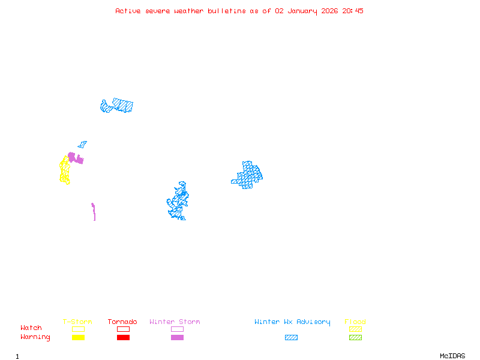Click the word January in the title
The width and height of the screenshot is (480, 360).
[x=304, y=11]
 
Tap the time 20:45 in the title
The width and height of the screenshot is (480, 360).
[x=353, y=11]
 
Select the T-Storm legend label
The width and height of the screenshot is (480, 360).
[x=77, y=322]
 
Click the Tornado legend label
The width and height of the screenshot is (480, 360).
[x=122, y=322]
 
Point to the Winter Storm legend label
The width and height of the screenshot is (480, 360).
[x=175, y=322]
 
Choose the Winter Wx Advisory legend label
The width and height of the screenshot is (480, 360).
[x=292, y=322]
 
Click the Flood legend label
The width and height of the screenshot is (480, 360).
[x=355, y=322]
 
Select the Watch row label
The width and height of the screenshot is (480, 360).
[x=31, y=328]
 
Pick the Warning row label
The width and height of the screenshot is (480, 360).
[x=35, y=337]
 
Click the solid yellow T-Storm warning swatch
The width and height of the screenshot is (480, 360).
[x=78, y=338]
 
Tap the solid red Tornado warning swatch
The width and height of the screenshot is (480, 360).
[x=123, y=338]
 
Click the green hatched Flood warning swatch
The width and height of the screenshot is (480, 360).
[x=355, y=338]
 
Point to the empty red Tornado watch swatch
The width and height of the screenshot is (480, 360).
[x=123, y=329]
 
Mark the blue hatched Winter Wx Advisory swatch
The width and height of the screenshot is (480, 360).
[x=291, y=338]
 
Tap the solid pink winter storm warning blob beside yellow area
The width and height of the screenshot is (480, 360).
[x=75, y=158]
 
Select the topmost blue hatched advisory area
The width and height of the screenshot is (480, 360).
[x=118, y=106]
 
